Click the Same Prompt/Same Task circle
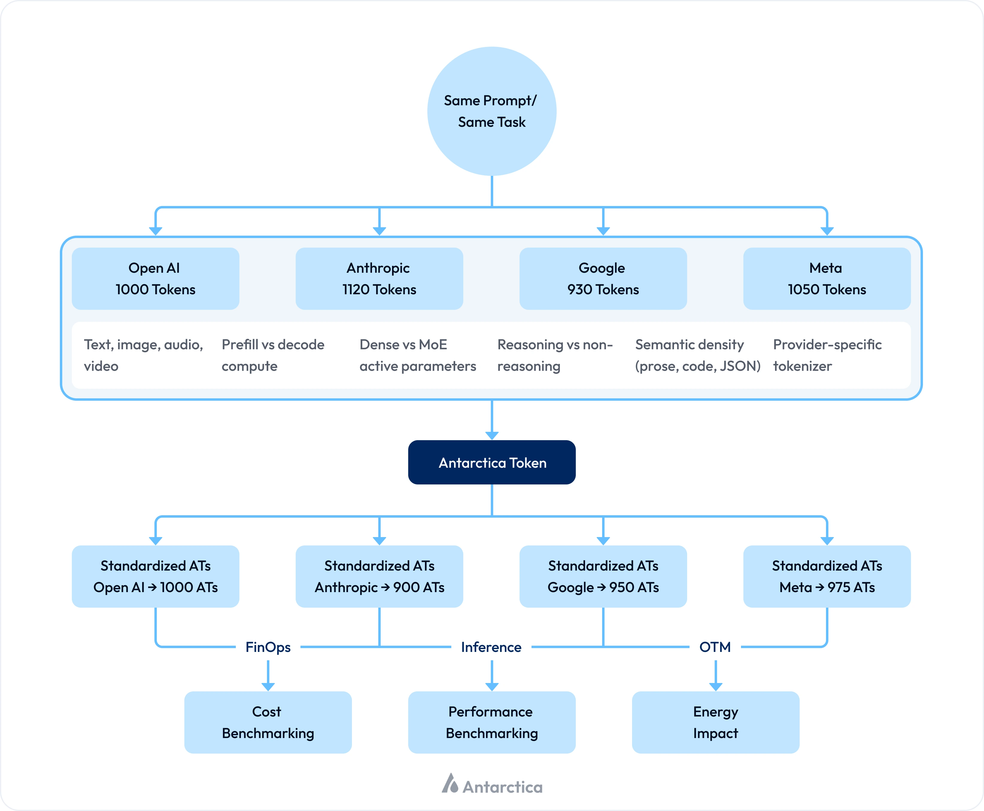pos(492,111)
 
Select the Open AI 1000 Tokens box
pos(155,278)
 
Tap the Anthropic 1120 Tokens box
pos(379,278)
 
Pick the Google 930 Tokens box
pos(603,278)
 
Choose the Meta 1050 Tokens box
pos(827,278)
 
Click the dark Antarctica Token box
pos(492,463)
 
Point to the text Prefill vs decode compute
pos(273,355)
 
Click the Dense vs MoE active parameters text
pos(417,355)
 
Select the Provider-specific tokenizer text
pos(827,355)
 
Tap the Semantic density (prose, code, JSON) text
pos(697,355)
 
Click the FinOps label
pos(268,647)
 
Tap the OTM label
pos(715,647)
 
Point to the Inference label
pos(491,647)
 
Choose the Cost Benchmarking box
pos(268,722)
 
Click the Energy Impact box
pos(715,722)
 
